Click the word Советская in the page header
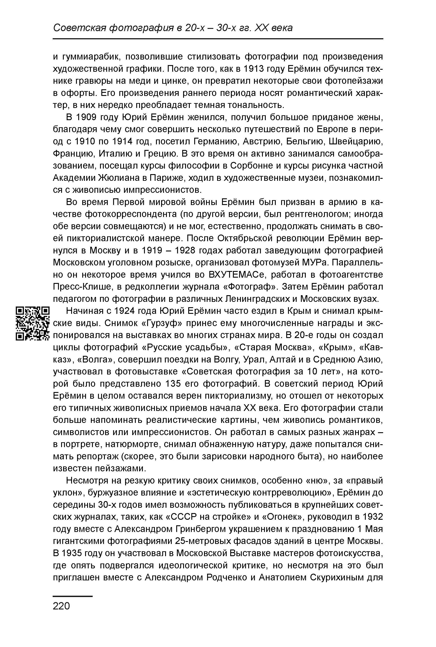(x=80, y=28)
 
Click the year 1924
(x=125, y=311)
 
